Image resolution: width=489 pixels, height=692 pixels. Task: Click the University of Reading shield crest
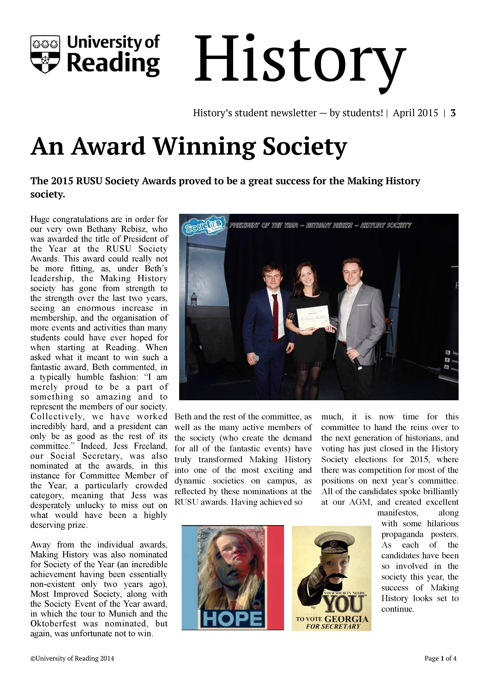45,54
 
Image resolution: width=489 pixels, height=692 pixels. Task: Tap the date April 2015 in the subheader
415,113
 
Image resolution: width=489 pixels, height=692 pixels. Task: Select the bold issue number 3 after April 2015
453,113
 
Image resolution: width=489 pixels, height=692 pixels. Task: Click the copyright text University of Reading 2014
72,667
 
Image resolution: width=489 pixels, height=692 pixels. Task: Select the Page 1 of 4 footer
440,667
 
